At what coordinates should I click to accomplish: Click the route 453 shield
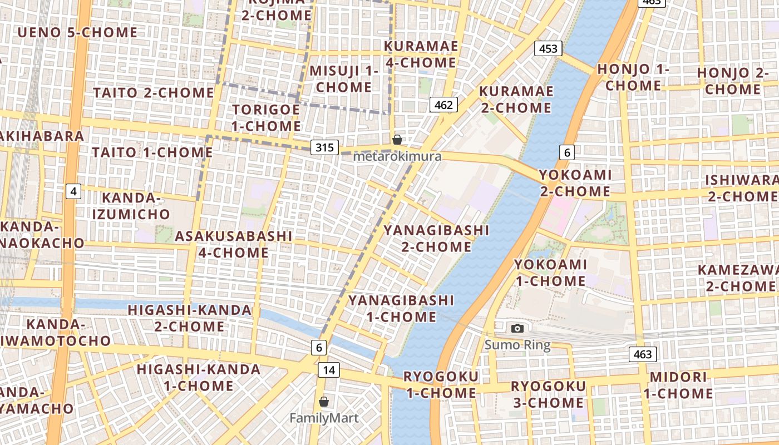548,48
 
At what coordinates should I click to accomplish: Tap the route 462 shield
443,104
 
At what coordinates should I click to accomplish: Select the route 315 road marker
324,147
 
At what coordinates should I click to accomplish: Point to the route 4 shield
73,192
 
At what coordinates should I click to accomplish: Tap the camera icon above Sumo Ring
517,328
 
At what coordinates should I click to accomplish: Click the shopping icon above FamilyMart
324,401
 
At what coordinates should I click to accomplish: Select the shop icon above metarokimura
397,140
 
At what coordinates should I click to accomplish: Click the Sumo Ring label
517,345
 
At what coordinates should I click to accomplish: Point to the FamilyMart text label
324,418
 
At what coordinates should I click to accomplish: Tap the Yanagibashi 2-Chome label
436,238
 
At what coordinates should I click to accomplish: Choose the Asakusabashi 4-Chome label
234,244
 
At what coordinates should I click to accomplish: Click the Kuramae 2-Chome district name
516,99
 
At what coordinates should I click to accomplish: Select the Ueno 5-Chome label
77,32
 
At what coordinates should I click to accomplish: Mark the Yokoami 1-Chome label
550,273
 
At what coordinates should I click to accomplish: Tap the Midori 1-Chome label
678,385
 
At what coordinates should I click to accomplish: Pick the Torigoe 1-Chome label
266,117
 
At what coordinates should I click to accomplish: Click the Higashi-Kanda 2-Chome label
190,318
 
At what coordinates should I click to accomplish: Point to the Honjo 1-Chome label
633,77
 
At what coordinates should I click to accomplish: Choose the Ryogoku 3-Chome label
548,394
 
